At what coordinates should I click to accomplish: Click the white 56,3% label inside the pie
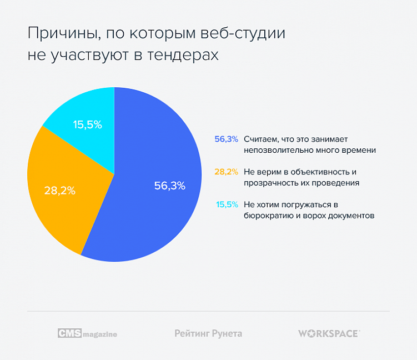coord(169,186)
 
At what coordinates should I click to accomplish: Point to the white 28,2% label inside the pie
coord(60,190)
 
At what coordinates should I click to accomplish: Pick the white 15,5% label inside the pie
coord(88,125)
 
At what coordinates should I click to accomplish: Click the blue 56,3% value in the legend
coord(226,139)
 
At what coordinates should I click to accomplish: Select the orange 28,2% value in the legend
coord(226,172)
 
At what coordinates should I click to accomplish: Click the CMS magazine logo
coord(87,333)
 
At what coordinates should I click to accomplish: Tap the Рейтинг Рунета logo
coord(208,333)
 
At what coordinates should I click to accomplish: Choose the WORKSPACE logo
coord(329,333)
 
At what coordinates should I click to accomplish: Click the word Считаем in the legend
coord(261,139)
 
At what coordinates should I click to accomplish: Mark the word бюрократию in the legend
coord(265,215)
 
